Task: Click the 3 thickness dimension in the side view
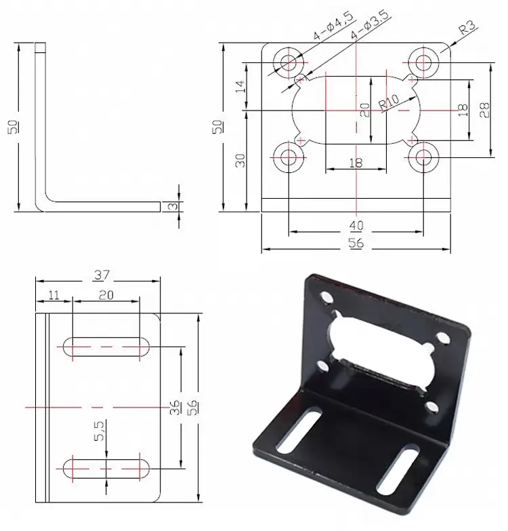point(172,206)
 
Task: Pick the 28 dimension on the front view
point(485,110)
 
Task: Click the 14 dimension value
point(239,86)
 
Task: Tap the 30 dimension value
point(239,161)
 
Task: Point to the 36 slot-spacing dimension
point(175,407)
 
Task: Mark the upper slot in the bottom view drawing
point(107,347)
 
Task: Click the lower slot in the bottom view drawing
point(107,466)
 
